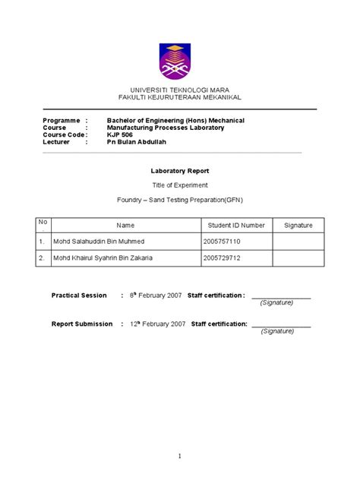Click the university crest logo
pyautogui.click(x=180, y=62)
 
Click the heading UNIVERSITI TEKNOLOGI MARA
pyautogui.click(x=180, y=90)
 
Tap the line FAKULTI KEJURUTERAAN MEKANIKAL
pyautogui.click(x=180, y=97)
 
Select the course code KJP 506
pyautogui.click(x=119, y=134)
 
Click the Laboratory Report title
pyautogui.click(x=180, y=171)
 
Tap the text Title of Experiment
pyautogui.click(x=180, y=185)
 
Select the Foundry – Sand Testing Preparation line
pyautogui.click(x=180, y=200)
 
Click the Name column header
pyautogui.click(x=125, y=226)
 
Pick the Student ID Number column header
pyautogui.click(x=236, y=226)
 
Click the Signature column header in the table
pyautogui.click(x=298, y=226)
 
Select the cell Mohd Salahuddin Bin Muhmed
pyautogui.click(x=98, y=242)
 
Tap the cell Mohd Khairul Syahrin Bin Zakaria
pyautogui.click(x=103, y=258)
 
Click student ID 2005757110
pyautogui.click(x=223, y=242)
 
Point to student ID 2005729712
pyautogui.click(x=223, y=258)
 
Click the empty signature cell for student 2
pyautogui.click(x=298, y=258)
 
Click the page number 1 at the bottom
pyautogui.click(x=180, y=456)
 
